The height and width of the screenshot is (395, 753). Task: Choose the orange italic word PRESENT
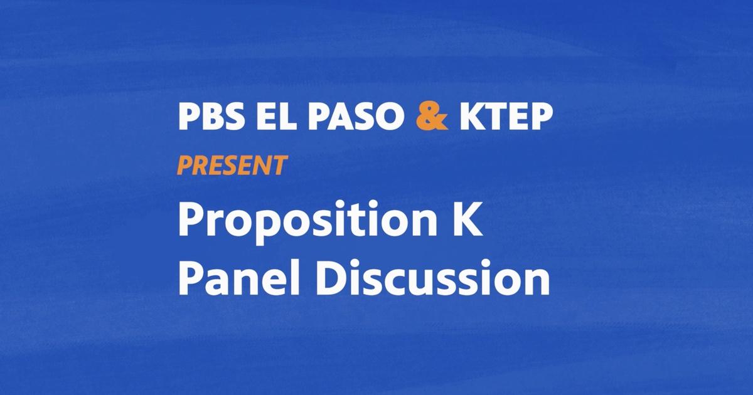[232, 166]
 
